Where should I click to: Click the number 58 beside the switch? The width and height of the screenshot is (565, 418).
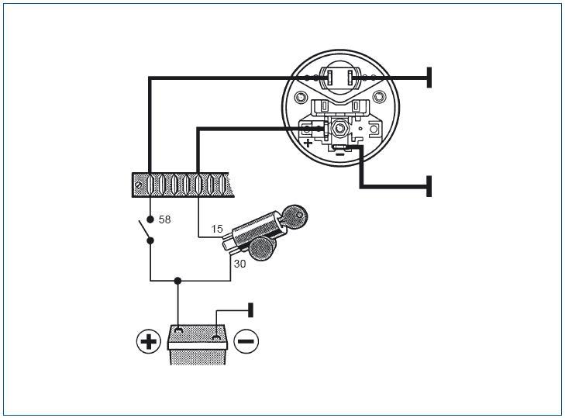click(x=164, y=219)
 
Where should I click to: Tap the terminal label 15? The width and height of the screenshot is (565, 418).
click(x=217, y=229)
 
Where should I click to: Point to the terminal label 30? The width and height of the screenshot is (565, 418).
click(x=239, y=264)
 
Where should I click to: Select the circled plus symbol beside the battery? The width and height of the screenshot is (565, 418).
click(x=149, y=341)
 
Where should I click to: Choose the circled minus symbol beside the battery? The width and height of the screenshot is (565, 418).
click(x=246, y=341)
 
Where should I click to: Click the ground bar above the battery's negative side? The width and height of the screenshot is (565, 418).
click(x=251, y=310)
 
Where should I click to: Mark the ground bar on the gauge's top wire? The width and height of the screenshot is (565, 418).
click(x=429, y=78)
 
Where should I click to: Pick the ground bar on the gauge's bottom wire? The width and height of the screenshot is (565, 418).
click(x=429, y=186)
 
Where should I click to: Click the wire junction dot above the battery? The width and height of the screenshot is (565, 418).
click(x=177, y=281)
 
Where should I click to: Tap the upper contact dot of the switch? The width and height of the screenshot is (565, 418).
click(x=150, y=219)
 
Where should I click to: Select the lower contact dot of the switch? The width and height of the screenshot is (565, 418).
click(x=150, y=240)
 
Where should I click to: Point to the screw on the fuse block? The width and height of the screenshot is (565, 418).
click(x=139, y=185)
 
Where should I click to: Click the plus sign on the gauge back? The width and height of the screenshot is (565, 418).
click(x=308, y=143)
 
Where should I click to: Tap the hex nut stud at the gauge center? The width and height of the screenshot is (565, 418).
click(x=339, y=128)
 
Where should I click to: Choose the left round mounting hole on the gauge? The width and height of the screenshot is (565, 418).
click(x=300, y=97)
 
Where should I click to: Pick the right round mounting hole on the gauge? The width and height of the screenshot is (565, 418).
click(x=378, y=97)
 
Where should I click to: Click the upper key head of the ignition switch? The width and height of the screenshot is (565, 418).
click(x=295, y=216)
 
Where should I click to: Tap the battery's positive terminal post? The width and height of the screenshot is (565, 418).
click(x=178, y=330)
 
